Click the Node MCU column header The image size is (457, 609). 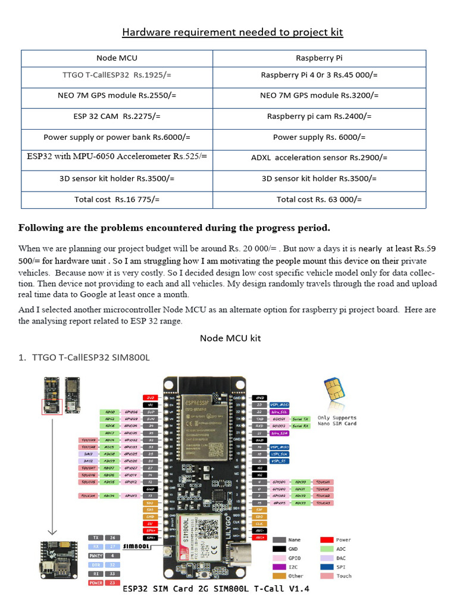117,58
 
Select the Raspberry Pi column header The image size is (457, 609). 319,58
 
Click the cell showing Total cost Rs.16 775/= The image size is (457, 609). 117,199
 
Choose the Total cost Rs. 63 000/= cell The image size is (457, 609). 319,199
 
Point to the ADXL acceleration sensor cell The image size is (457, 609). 319,158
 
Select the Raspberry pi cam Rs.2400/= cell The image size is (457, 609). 319,117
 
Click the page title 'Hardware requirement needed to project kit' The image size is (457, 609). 233,32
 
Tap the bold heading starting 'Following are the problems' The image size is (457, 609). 174,228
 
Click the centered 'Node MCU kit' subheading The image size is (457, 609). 230,338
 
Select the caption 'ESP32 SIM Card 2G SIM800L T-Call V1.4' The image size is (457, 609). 216,589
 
